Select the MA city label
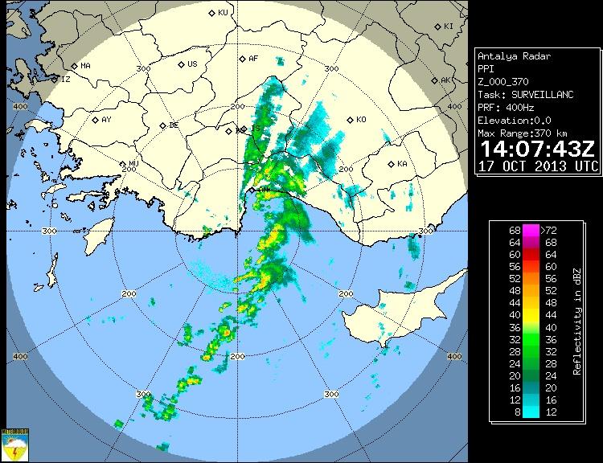(x=85, y=65)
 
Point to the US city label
(x=192, y=64)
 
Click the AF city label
(x=252, y=59)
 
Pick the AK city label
(x=445, y=80)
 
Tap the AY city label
(x=106, y=120)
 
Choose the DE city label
(x=173, y=125)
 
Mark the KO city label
(x=360, y=120)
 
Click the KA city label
(x=402, y=164)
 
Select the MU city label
(x=133, y=164)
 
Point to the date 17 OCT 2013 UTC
(x=537, y=166)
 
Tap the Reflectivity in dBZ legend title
(x=577, y=321)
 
